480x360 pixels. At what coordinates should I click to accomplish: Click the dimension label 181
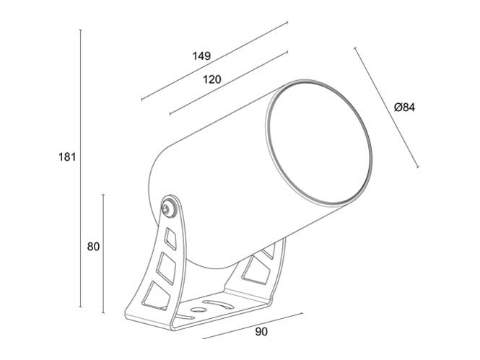pyautogui.click(x=66, y=157)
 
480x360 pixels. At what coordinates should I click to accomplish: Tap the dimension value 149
pyautogui.click(x=201, y=56)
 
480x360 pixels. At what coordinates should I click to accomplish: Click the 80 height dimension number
pyautogui.click(x=92, y=246)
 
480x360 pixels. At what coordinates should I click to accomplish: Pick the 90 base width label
pyautogui.click(x=261, y=333)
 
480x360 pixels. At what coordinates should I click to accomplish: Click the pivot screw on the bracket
pyautogui.click(x=169, y=208)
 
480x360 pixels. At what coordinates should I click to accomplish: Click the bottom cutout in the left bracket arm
pyautogui.click(x=155, y=294)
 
